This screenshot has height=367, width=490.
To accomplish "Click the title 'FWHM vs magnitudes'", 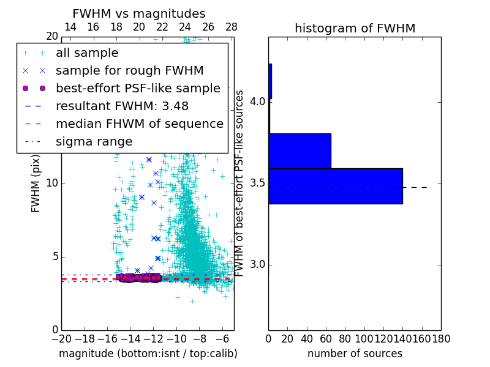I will point(138,13).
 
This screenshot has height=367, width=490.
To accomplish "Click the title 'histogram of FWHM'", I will point(355,28).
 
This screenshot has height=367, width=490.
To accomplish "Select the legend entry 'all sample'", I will point(87,53).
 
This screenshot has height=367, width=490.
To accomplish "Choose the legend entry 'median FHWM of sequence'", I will point(139,124).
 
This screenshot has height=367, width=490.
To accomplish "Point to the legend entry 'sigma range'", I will point(94,141).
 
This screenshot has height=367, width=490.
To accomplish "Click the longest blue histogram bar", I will point(335,186).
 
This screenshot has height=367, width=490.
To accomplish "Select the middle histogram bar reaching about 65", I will point(300,150).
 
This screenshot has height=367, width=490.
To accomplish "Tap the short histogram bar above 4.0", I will point(270,81).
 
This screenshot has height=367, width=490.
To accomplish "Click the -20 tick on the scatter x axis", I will point(61,338).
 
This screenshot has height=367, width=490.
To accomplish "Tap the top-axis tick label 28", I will point(232,27).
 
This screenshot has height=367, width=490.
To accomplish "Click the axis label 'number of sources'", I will point(355,354).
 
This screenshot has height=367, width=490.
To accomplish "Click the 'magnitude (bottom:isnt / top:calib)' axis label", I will point(148,354).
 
